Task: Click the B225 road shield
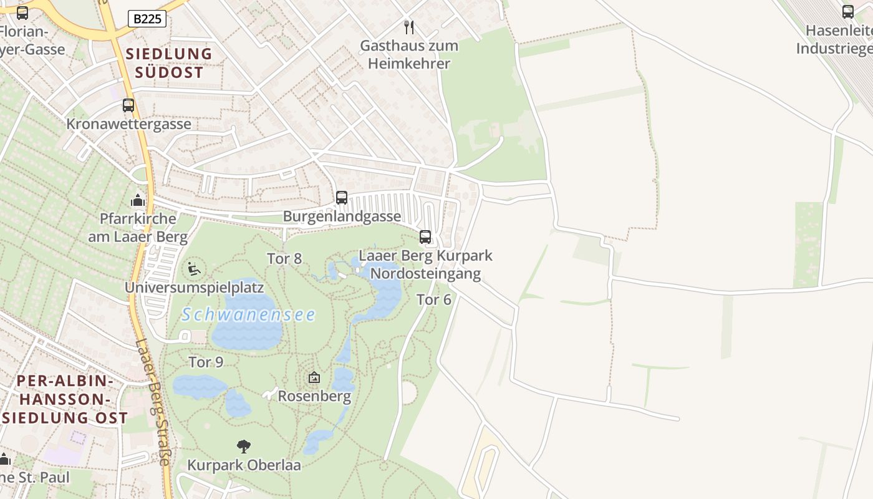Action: pyautogui.click(x=147, y=19)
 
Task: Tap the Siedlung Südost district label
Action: pyautogui.click(x=169, y=63)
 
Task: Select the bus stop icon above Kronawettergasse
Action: pyautogui.click(x=128, y=105)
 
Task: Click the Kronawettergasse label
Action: pyautogui.click(x=129, y=124)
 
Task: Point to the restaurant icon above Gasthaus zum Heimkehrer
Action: pyautogui.click(x=409, y=27)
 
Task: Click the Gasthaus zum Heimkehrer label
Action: pyautogui.click(x=409, y=54)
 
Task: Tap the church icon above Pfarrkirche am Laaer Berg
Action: pyautogui.click(x=137, y=200)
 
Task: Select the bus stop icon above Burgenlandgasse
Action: pyautogui.click(x=342, y=198)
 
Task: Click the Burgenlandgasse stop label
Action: pyautogui.click(x=342, y=216)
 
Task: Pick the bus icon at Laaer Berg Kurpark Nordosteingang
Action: pyautogui.click(x=425, y=237)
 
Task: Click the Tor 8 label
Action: pyautogui.click(x=284, y=258)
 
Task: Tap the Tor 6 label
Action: pyautogui.click(x=434, y=299)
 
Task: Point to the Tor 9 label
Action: pyautogui.click(x=206, y=362)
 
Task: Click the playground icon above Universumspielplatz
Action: pyautogui.click(x=194, y=269)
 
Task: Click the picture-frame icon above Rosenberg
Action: pyautogui.click(x=314, y=377)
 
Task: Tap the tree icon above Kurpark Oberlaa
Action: pyautogui.click(x=244, y=446)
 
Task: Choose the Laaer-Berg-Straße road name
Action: pyautogui.click(x=152, y=402)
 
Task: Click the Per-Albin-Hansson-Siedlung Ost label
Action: pyautogui.click(x=64, y=399)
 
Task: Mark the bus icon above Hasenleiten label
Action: pyautogui.click(x=848, y=11)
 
